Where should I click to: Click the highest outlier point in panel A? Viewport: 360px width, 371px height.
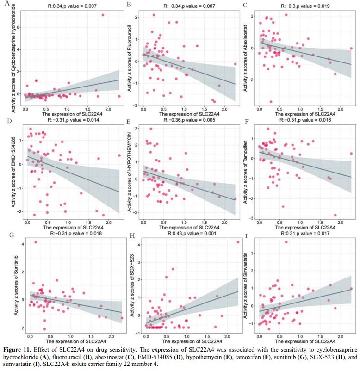click(103, 15)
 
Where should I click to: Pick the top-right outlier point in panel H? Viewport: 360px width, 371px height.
click(238, 242)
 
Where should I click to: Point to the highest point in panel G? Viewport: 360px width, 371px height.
click(36, 242)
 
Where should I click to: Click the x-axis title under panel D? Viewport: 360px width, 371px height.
click(72, 228)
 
